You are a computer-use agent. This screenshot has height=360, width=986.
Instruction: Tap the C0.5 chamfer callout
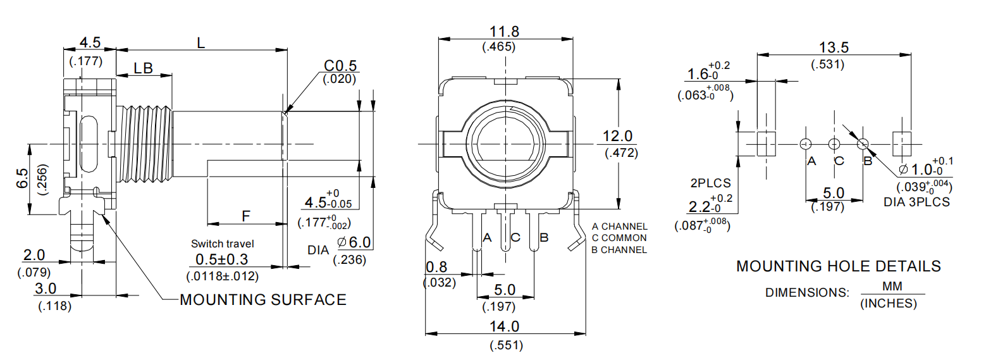tap(340, 66)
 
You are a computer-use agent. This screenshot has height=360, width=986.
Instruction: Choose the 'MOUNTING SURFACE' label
tap(263, 300)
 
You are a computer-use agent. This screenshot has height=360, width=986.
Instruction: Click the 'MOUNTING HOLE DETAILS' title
tap(838, 266)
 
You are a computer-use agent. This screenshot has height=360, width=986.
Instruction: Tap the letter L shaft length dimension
tap(200, 43)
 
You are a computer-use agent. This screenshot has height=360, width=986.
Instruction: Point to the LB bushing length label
tap(143, 68)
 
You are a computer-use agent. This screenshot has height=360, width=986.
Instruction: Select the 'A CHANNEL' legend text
tap(619, 227)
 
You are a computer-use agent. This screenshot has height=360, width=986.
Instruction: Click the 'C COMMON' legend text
tap(619, 238)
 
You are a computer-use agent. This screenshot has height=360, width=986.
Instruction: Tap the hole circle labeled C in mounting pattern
tap(835, 144)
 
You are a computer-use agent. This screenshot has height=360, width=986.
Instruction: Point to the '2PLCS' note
tap(711, 183)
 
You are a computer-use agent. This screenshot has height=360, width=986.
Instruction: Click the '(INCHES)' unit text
tap(888, 304)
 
